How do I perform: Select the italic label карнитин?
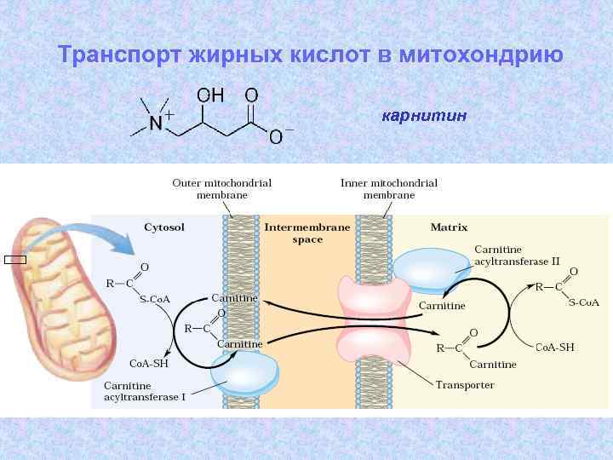click(424, 115)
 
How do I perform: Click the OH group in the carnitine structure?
click(212, 95)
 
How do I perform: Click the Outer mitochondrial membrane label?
click(222, 188)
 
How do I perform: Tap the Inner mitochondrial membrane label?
click(388, 188)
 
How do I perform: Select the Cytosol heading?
click(164, 227)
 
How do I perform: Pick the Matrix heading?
click(449, 227)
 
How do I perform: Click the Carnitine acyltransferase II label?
click(517, 255)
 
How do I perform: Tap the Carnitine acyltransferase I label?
click(145, 391)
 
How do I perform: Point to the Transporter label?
click(465, 385)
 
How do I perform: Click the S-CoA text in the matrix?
click(584, 302)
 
